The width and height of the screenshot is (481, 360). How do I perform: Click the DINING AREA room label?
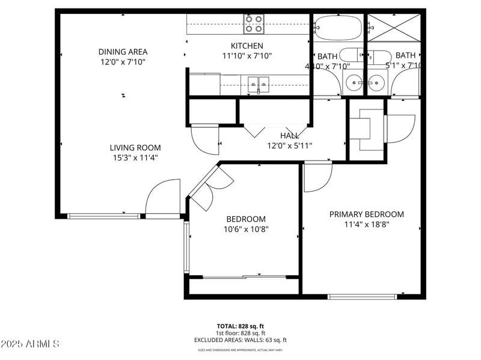point(123,52)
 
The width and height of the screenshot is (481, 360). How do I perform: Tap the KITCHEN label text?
point(247,46)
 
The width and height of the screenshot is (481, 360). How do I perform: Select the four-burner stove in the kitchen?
point(254,24)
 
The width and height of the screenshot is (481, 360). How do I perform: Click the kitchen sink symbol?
point(259,84)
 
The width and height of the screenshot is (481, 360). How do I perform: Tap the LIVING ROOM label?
point(135,148)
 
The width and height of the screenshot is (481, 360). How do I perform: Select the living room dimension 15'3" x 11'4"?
point(135,158)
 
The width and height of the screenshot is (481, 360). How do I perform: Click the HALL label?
point(289,136)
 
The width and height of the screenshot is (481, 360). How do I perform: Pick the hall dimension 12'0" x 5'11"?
point(289,145)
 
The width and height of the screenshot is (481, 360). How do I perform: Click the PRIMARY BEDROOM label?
point(366,215)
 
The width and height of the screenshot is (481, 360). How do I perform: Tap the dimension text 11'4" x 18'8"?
point(366,225)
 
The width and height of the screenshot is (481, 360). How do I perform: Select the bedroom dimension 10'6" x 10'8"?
point(245,229)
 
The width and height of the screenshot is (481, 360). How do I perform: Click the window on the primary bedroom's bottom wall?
point(362,296)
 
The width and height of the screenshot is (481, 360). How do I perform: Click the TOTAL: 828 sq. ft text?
point(240,326)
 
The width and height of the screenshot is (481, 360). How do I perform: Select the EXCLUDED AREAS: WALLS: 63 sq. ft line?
point(240,340)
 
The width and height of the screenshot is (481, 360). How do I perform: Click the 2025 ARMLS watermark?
point(30,344)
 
